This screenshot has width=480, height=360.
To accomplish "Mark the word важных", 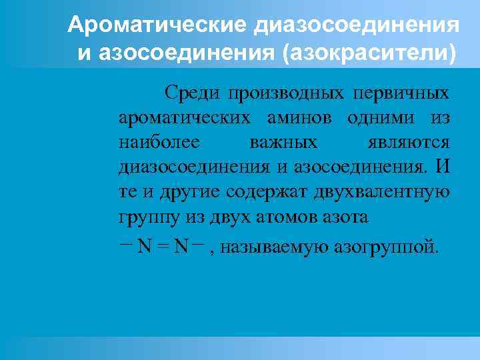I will [x=283, y=143].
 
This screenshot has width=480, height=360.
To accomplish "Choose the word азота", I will [x=345, y=218].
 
